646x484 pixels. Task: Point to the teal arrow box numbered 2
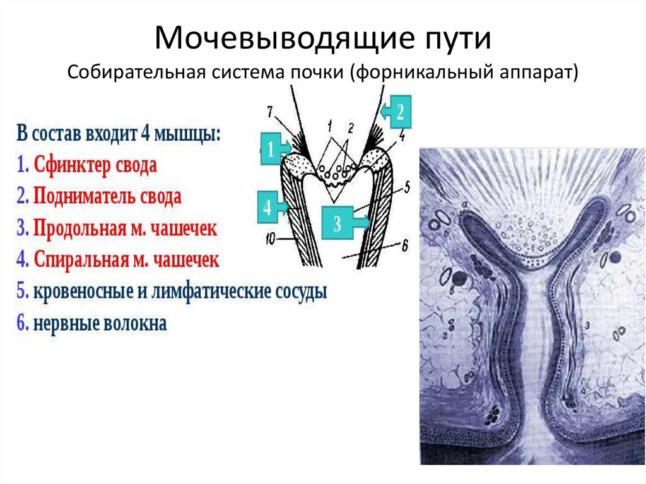point(397,111)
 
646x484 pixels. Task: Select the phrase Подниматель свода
point(107,196)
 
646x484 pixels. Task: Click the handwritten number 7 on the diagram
point(269,112)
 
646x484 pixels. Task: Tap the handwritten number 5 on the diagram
point(407,187)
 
